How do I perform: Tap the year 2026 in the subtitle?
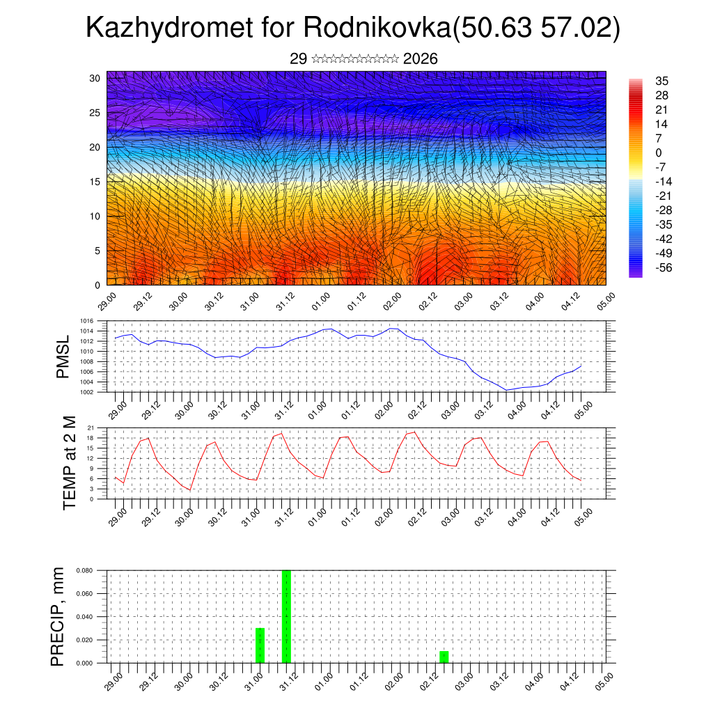coord(420,59)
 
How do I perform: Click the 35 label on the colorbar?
coord(662,81)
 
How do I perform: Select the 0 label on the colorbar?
coord(659,152)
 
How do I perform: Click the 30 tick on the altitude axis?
coord(95,78)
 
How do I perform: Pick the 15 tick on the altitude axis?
coord(95,182)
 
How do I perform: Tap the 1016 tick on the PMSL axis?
coord(87,322)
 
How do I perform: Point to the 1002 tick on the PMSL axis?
coord(87,392)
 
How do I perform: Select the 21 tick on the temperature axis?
coord(91,428)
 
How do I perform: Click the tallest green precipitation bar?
coord(286,616)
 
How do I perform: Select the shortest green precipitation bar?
coord(444,657)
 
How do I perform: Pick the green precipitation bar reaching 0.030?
coord(260,645)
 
